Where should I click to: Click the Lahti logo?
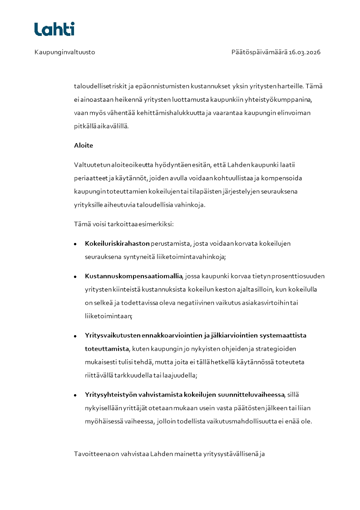point(54,29)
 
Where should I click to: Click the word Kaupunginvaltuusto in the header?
point(64,52)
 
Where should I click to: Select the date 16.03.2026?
point(305,52)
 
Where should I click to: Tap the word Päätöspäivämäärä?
point(259,52)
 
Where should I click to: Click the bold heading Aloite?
point(83,145)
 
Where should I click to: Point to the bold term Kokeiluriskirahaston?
point(117,243)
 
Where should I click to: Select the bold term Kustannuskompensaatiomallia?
point(133,276)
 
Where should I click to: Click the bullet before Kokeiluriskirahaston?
point(75,244)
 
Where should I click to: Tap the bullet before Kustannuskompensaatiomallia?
point(75,277)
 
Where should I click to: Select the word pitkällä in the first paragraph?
point(85,126)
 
